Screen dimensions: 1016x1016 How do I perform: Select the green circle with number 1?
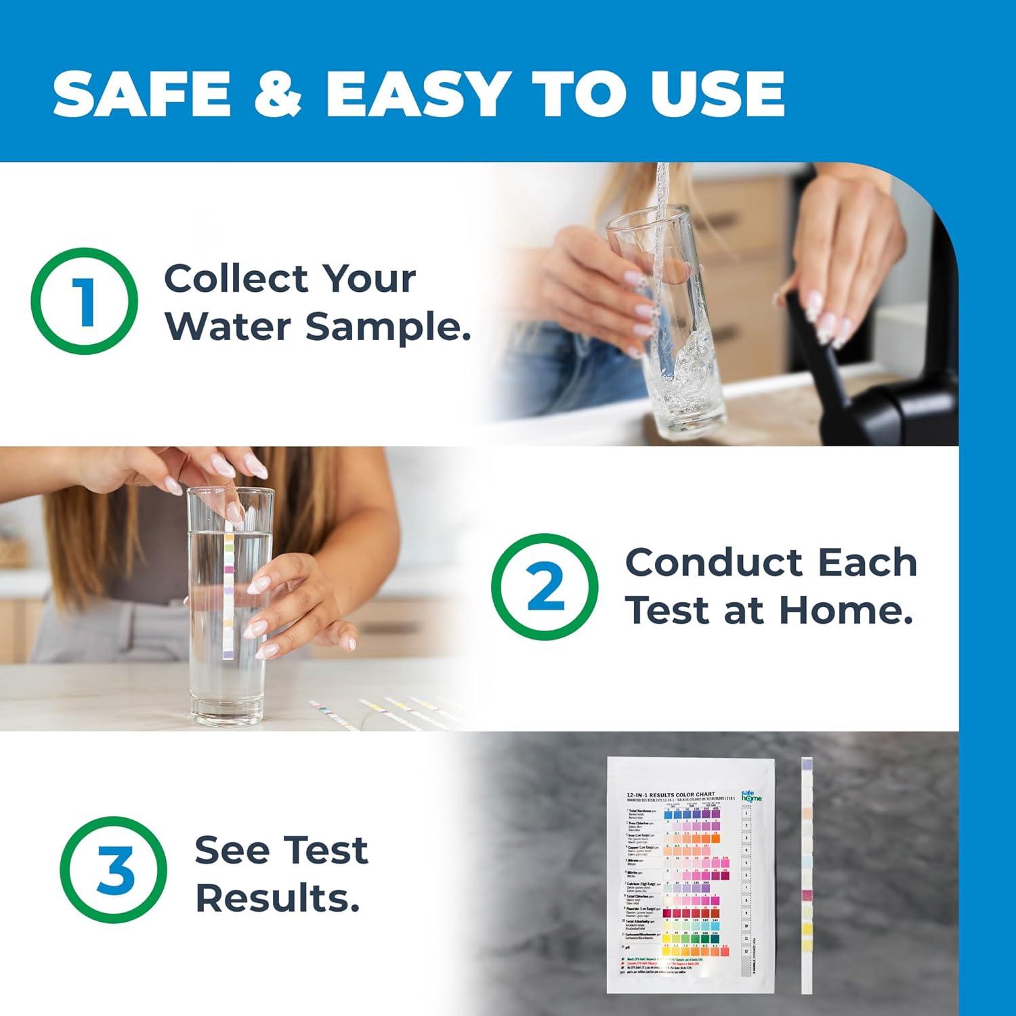85,301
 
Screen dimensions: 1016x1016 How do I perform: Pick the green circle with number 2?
545,587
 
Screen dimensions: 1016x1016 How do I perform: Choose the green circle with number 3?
114,870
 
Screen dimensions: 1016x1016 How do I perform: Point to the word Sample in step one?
387,328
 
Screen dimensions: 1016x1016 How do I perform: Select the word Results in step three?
277,898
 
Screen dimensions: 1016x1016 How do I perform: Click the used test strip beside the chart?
807,881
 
